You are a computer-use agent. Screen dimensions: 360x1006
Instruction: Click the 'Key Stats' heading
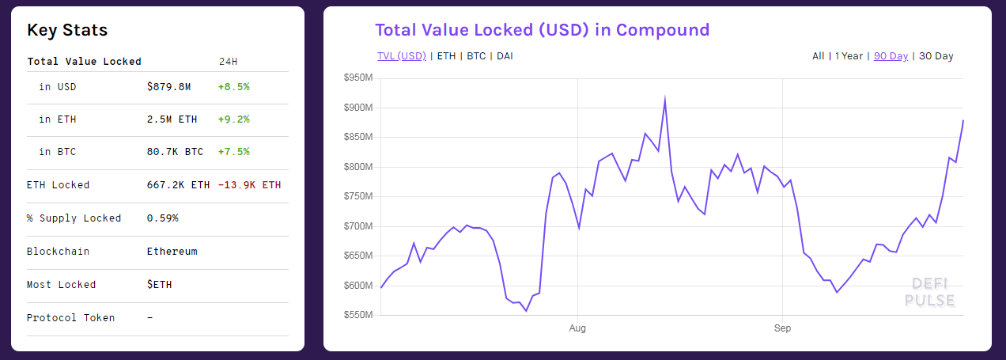click(x=67, y=30)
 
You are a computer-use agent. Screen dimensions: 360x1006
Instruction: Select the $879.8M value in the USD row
click(x=168, y=86)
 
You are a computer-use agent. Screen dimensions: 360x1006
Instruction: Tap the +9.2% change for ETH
click(x=233, y=119)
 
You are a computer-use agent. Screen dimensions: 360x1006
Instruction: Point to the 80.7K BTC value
click(x=175, y=151)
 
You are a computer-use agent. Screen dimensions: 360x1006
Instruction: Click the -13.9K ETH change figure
click(x=249, y=185)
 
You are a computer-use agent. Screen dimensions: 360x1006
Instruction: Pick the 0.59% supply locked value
click(x=162, y=218)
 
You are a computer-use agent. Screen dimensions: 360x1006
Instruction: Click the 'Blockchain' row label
click(x=58, y=251)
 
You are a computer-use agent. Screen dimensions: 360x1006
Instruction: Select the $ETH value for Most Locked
click(x=159, y=284)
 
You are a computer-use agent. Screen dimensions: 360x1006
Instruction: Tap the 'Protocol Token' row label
click(x=70, y=317)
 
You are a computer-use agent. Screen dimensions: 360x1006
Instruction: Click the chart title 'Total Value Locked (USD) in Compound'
click(x=542, y=30)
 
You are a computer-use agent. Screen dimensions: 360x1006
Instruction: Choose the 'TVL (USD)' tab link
click(x=402, y=56)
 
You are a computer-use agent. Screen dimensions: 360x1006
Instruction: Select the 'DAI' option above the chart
click(x=505, y=56)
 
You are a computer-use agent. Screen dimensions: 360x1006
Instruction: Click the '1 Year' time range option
click(x=849, y=56)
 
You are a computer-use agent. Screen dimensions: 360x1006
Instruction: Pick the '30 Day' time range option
click(x=936, y=56)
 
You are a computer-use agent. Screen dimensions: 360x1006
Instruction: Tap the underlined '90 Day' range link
click(x=891, y=56)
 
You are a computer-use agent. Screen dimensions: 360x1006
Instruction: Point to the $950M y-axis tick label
click(x=358, y=78)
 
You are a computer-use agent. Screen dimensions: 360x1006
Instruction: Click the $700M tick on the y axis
click(x=358, y=226)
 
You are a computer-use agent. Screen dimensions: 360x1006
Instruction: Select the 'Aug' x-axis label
click(x=577, y=328)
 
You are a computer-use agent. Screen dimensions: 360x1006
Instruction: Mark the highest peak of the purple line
click(x=665, y=99)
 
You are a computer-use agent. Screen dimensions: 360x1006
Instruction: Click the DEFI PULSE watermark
click(x=929, y=292)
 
